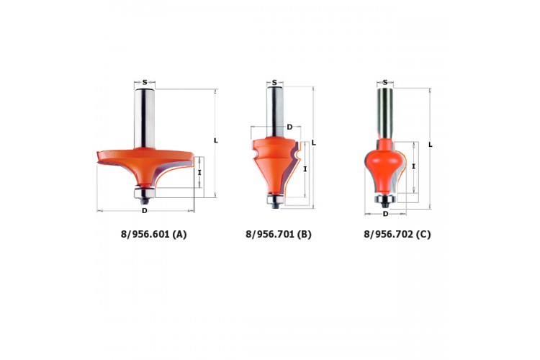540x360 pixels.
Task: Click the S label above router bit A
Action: [x=145, y=82]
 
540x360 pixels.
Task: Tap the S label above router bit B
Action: [x=274, y=82]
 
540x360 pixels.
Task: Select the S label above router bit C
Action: [x=385, y=82]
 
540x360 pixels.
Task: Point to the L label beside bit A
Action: [x=216, y=140]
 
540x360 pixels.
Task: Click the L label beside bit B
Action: [x=314, y=143]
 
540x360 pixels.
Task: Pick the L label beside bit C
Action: [x=431, y=145]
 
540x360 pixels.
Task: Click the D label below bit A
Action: [x=145, y=210]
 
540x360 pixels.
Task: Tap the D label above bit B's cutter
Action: [x=289, y=127]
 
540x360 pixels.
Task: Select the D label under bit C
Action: [x=385, y=214]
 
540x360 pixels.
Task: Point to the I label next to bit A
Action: [x=199, y=172]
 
